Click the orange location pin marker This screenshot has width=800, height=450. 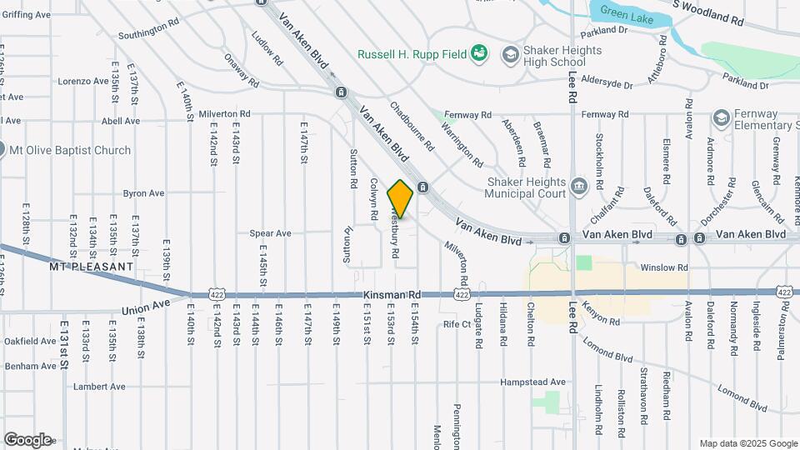click(400, 198)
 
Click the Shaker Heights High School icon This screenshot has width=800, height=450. click(509, 55)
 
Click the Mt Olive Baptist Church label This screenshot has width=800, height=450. click(69, 151)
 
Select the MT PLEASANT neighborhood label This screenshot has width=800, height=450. click(92, 267)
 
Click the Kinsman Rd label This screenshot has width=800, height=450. click(392, 295)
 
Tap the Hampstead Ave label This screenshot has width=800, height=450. click(532, 382)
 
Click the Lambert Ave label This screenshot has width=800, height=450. click(98, 387)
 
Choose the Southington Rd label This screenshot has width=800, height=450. click(148, 36)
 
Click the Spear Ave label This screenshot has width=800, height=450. click(270, 233)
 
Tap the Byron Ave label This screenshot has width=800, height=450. click(144, 193)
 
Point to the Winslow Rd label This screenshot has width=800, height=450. click(663, 267)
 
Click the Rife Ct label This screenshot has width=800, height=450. click(458, 323)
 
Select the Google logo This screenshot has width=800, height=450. click(27, 439)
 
